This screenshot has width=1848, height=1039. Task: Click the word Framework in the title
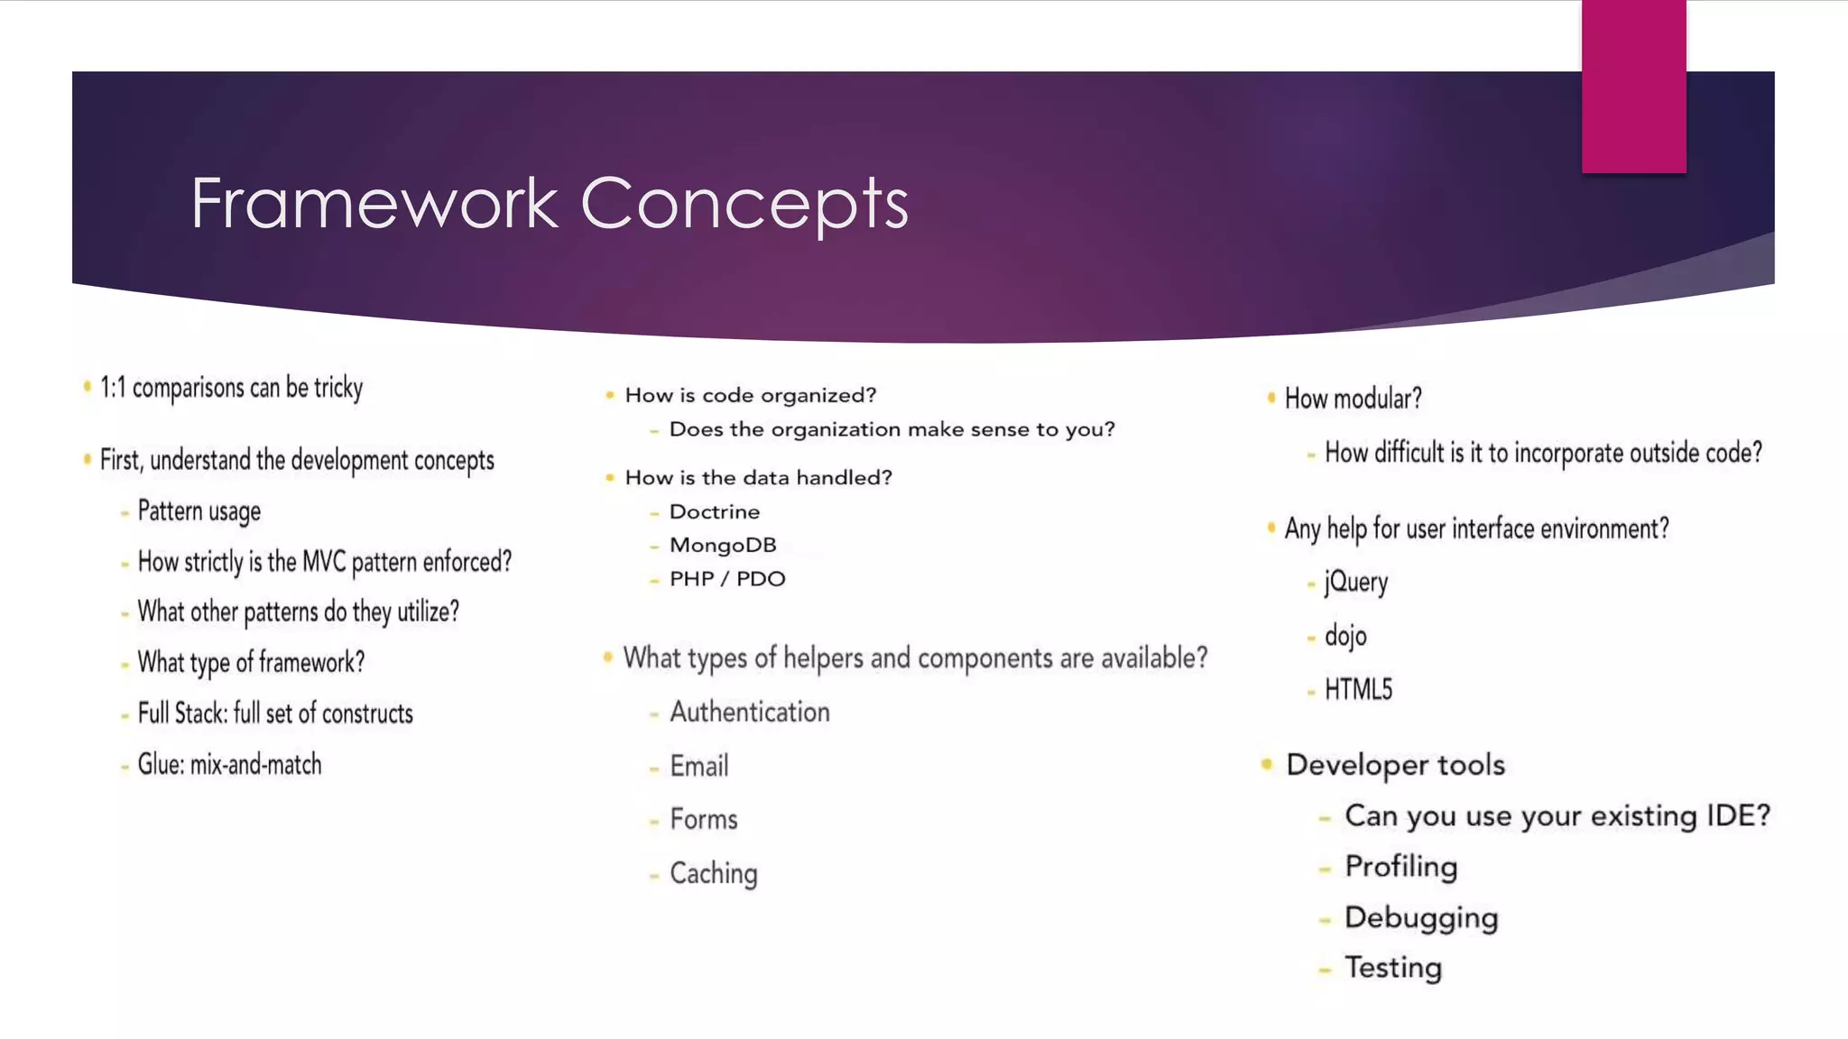(374, 204)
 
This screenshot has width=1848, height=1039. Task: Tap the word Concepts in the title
(744, 204)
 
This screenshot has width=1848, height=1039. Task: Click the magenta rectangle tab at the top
(1633, 86)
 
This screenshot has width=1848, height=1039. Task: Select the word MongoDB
(722, 546)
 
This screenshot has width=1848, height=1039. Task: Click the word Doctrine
(714, 512)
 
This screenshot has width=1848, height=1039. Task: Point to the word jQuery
(1355, 583)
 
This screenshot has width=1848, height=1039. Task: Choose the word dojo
(1345, 637)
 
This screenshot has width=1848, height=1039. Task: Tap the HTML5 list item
(1358, 690)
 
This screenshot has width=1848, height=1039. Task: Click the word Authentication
(749, 713)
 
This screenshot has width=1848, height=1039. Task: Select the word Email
(698, 767)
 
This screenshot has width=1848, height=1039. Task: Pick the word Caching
(713, 874)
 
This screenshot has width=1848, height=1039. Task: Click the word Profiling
(1400, 867)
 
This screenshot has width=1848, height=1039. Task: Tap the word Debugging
(1420, 918)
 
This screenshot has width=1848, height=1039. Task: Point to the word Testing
(1393, 968)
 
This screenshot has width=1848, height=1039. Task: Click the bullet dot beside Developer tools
(1267, 765)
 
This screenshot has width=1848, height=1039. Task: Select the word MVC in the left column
(323, 562)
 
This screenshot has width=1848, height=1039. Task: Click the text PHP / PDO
(726, 579)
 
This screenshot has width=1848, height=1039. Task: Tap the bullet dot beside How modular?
(1270, 398)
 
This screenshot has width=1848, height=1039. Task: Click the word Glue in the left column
(160, 765)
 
